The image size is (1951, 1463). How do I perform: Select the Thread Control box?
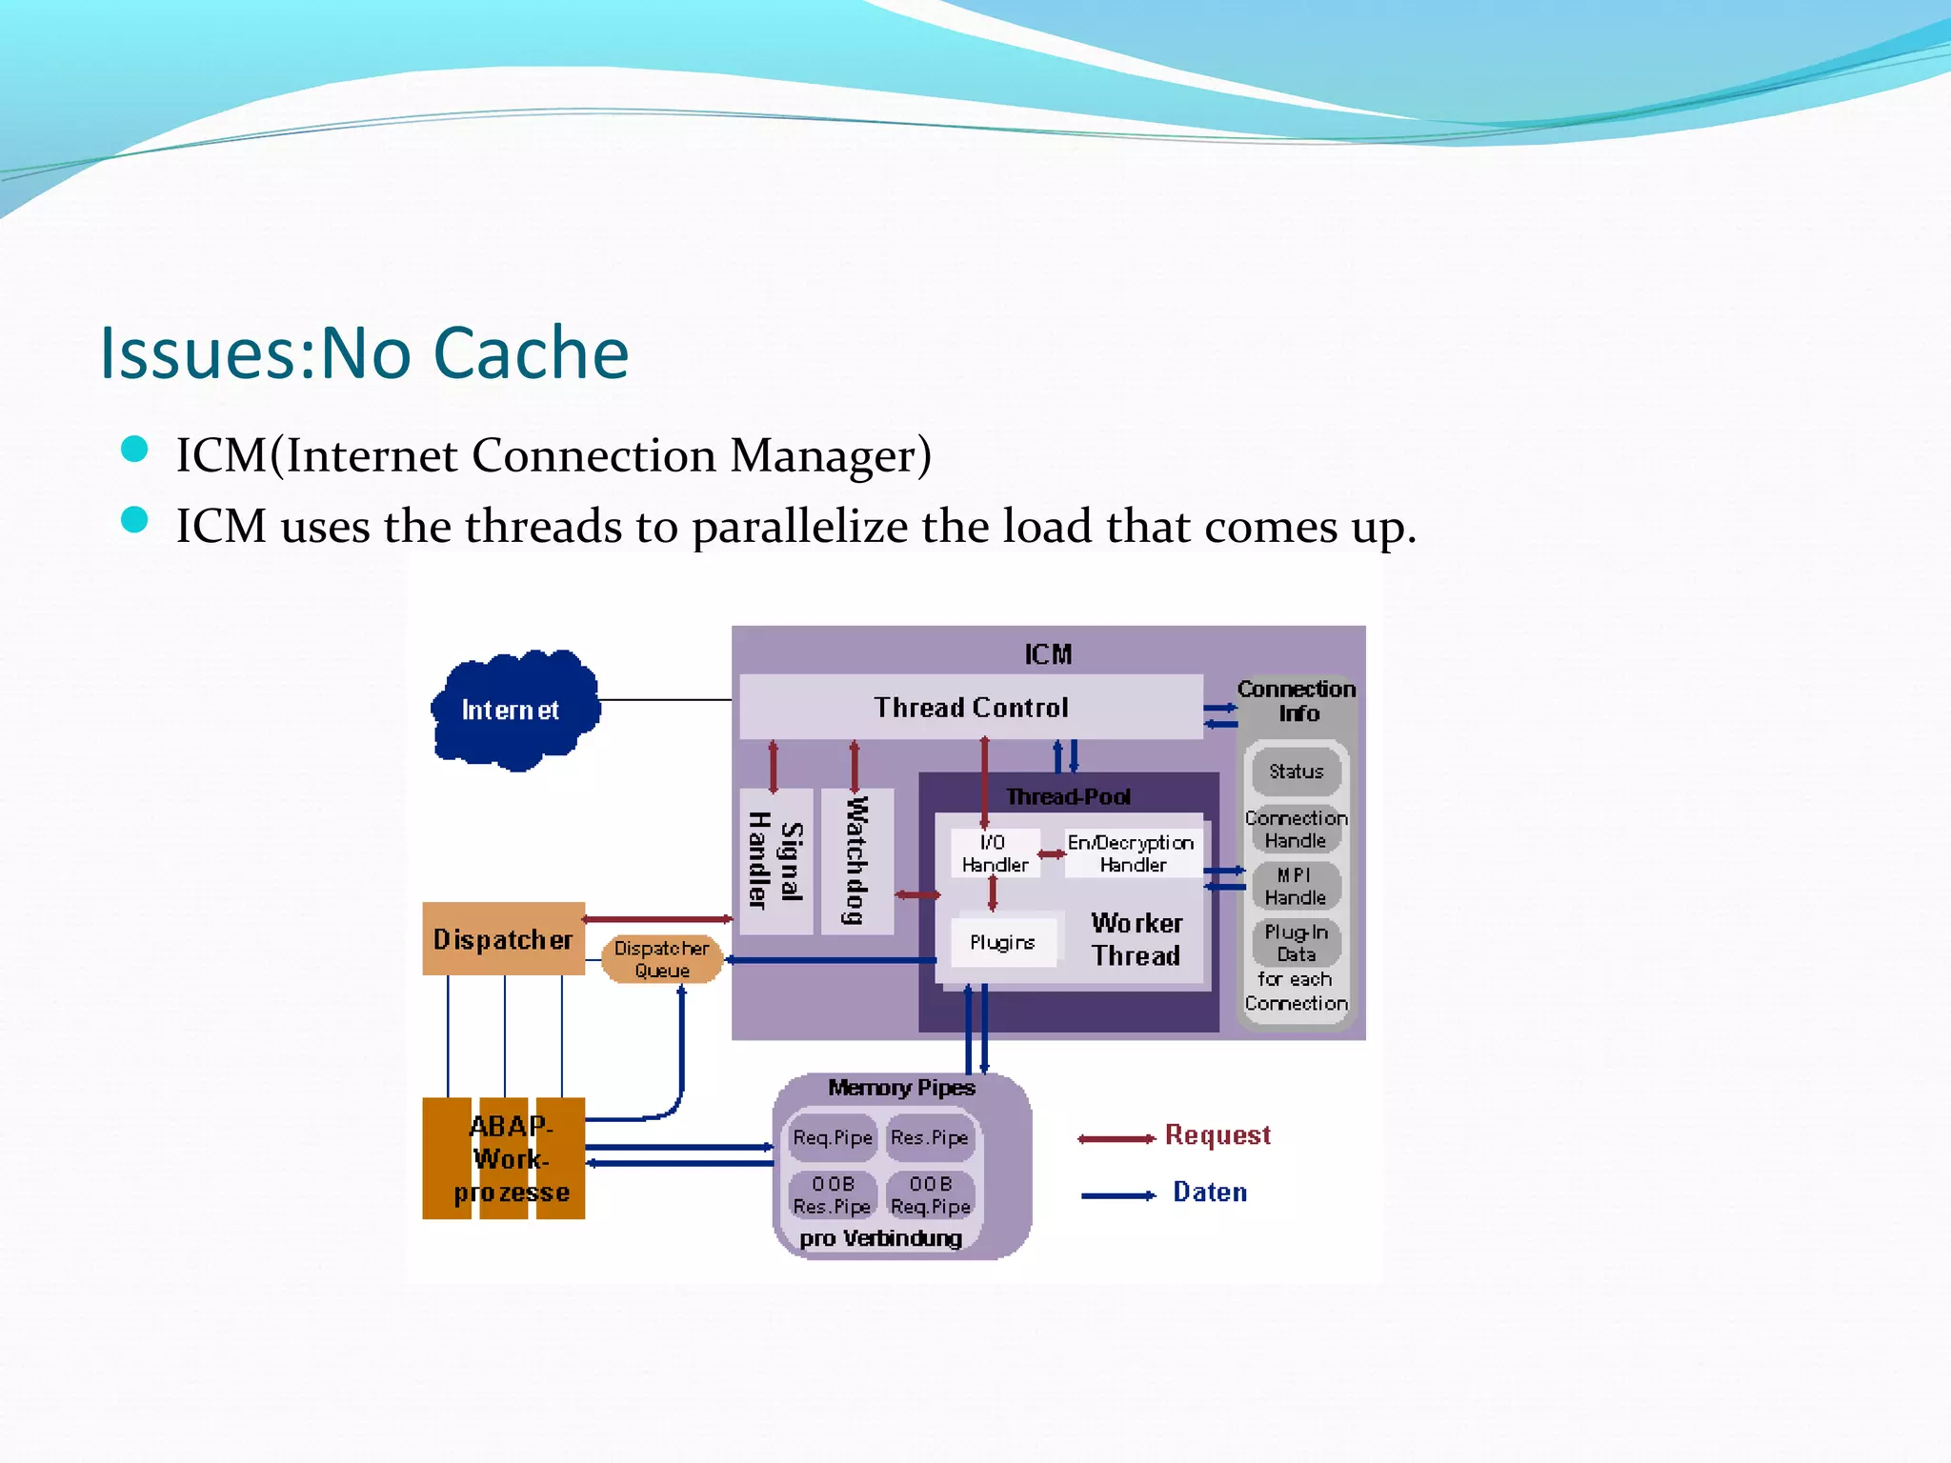[971, 707]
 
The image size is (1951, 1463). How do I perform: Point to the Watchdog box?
[857, 860]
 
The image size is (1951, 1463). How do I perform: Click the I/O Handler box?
[994, 853]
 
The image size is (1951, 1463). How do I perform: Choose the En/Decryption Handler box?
[1132, 853]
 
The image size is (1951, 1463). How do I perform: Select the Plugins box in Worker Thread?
[1003, 942]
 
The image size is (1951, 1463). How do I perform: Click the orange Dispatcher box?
[503, 939]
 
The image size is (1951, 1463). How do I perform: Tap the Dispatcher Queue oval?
[661, 959]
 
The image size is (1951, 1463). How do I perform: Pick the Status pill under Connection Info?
[1296, 772]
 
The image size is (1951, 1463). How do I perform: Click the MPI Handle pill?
[1296, 887]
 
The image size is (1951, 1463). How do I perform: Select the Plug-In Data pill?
[1296, 943]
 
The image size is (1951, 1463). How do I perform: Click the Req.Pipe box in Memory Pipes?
[833, 1138]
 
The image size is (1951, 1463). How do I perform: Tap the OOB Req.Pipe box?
[931, 1195]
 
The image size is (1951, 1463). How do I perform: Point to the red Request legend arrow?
[1116, 1139]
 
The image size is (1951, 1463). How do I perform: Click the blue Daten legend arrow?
[1118, 1195]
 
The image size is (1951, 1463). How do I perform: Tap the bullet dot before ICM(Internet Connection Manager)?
[134, 450]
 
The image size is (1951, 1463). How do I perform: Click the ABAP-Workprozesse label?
[512, 1158]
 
